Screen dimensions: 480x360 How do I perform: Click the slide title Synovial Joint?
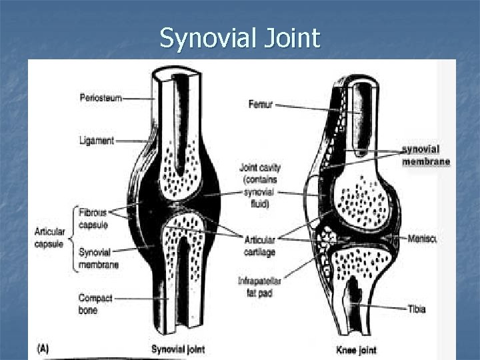(x=240, y=39)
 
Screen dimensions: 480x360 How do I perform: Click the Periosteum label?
(x=101, y=97)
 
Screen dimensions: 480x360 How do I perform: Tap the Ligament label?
(x=97, y=141)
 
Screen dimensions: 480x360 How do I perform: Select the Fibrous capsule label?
(x=93, y=219)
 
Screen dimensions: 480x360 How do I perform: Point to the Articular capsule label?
(x=50, y=238)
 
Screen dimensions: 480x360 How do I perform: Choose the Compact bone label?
(x=95, y=304)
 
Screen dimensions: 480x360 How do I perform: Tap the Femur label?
(x=260, y=105)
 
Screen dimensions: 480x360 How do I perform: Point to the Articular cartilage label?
(x=260, y=246)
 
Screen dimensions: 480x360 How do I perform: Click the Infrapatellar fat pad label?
(x=259, y=287)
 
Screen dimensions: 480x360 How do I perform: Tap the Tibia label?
(x=417, y=309)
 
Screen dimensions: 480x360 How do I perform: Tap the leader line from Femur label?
(x=307, y=106)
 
